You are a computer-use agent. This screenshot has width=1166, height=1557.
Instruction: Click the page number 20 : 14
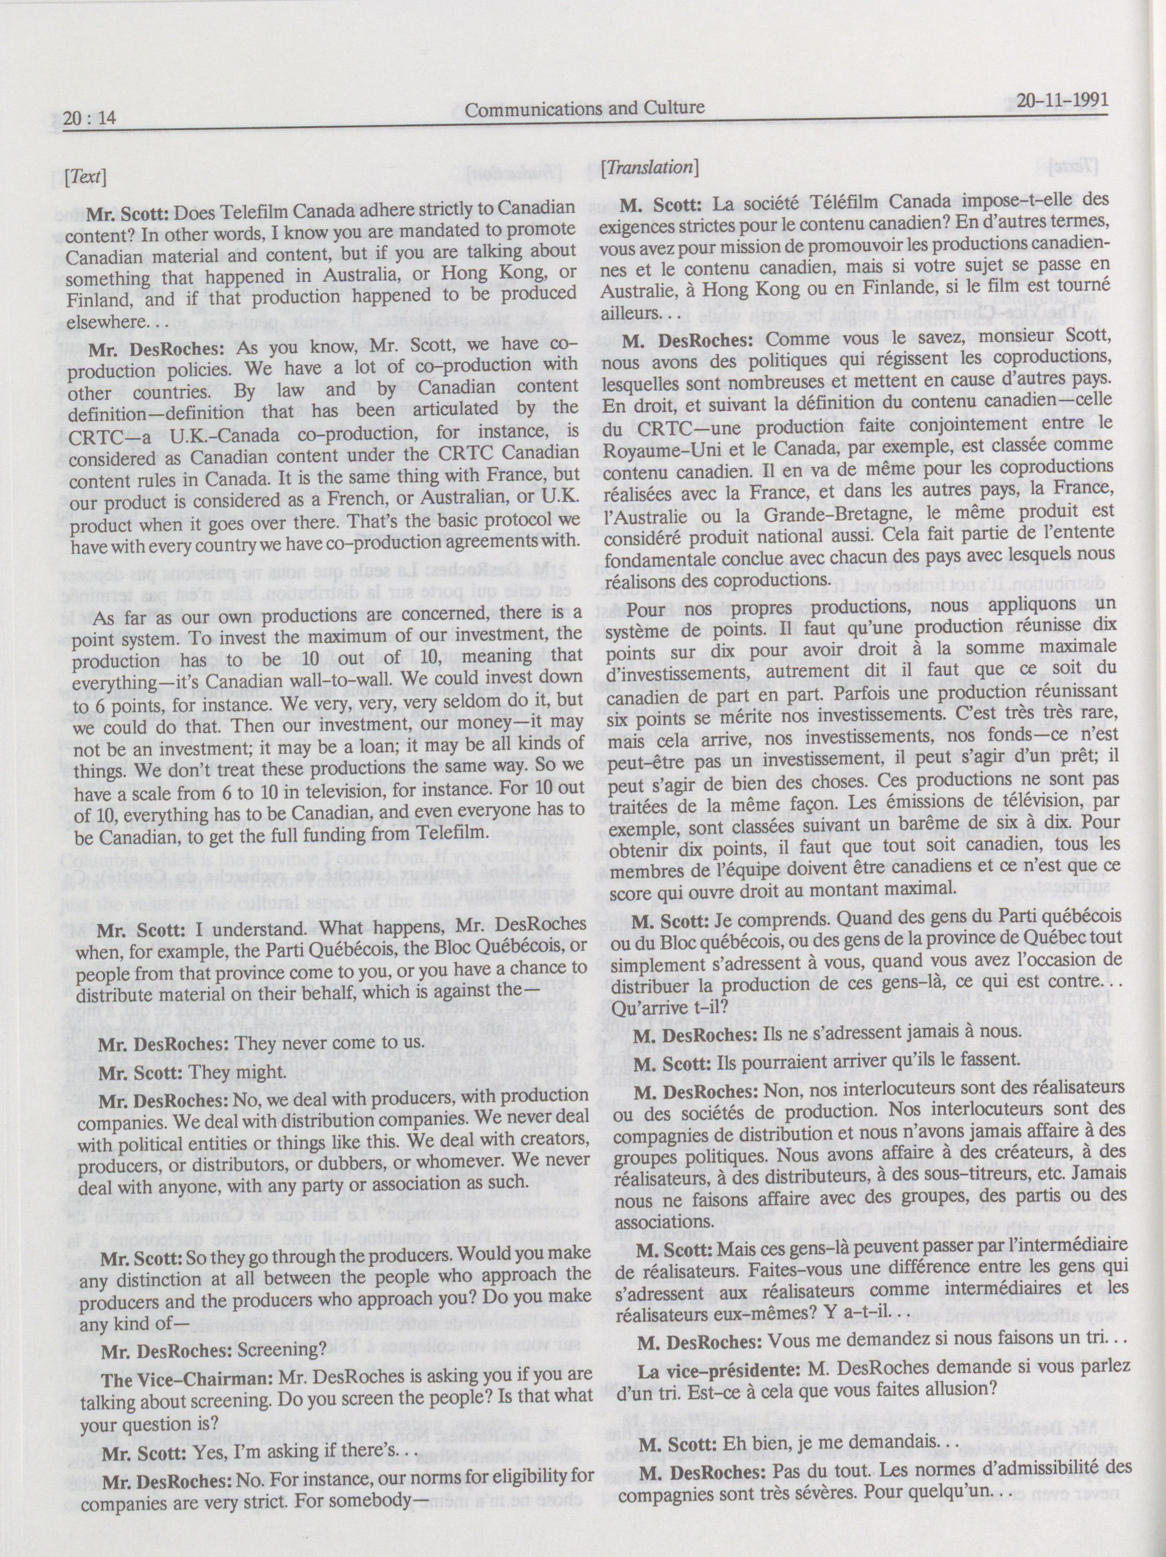point(89,119)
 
